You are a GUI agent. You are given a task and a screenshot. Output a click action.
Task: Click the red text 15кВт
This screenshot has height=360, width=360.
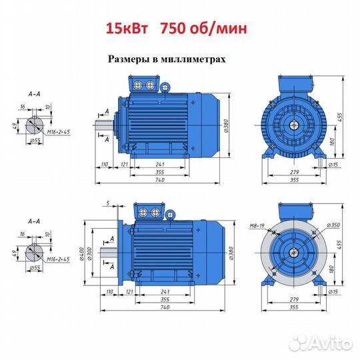pos(127,29)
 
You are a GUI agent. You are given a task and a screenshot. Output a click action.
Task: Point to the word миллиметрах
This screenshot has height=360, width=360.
pos(193,59)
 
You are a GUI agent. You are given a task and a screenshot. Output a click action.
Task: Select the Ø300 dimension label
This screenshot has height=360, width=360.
pos(89,253)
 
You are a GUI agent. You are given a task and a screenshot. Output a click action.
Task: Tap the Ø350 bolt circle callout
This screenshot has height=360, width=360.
pos(333,225)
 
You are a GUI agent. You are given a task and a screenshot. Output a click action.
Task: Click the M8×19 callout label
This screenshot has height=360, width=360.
pos(257,226)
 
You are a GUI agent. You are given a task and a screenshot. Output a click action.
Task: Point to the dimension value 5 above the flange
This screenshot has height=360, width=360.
pos(108,203)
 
